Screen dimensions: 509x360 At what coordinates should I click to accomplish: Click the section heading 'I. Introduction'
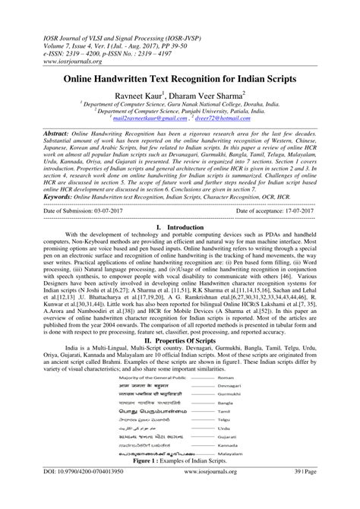click(180, 226)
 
